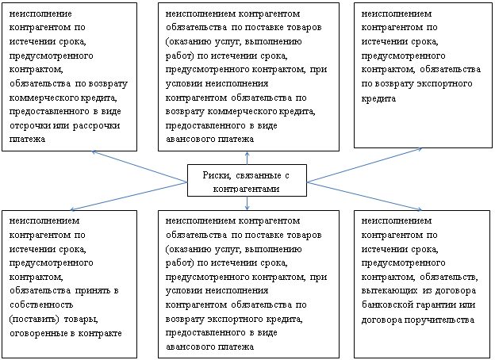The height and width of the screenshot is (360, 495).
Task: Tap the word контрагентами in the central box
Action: (246, 189)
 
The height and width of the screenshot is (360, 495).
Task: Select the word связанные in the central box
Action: (259, 175)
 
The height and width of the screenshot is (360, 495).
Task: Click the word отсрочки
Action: (29, 125)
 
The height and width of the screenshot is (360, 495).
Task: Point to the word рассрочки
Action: (96, 125)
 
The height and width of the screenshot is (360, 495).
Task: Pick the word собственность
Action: (41, 304)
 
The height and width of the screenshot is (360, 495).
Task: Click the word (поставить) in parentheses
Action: (34, 319)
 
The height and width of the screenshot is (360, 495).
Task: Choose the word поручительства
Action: (439, 320)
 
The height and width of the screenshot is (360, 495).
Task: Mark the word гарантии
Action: (436, 304)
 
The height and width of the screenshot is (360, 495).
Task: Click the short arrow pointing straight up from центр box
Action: (247, 158)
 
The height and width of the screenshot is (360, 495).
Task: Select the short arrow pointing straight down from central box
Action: (247, 203)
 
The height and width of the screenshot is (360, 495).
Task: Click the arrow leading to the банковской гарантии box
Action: (364, 196)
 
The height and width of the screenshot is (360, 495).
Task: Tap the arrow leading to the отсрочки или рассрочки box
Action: (140, 167)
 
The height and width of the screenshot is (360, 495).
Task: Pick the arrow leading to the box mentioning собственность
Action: (129, 196)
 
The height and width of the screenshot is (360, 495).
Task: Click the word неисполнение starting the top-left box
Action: (40, 14)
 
